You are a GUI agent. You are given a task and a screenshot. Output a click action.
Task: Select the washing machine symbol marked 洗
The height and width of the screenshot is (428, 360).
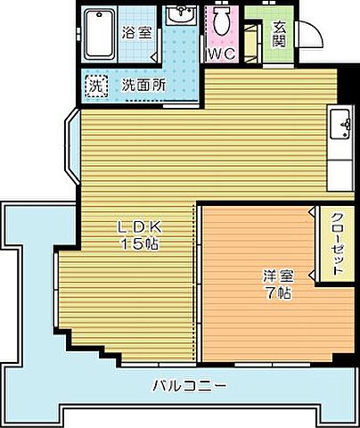(x=94, y=86)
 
